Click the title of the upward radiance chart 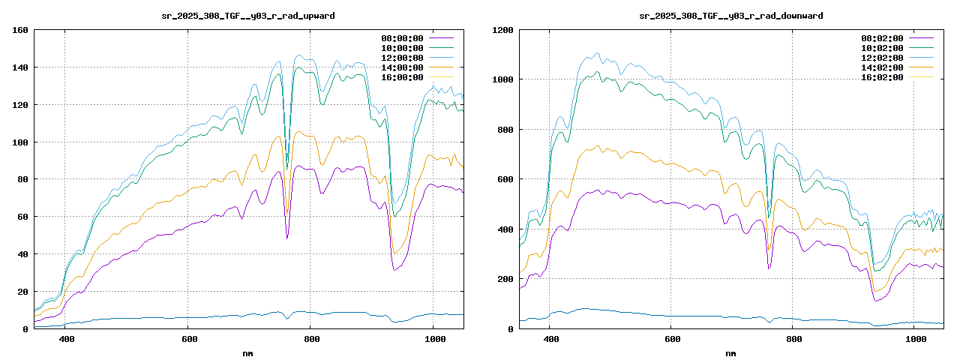[248, 15]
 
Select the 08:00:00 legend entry [403, 37]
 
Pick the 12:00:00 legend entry [403, 57]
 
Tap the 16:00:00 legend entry [403, 76]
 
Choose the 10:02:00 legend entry [882, 47]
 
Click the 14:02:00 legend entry [882, 67]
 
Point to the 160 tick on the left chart [19, 30]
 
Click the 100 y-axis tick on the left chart [19, 142]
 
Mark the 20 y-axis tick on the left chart [22, 292]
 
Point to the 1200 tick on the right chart [502, 30]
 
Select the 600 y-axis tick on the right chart [505, 179]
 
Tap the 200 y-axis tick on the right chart [505, 279]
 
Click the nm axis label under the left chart [248, 352]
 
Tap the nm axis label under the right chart [731, 352]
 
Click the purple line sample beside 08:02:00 [921, 37]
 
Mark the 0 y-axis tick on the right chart [511, 328]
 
